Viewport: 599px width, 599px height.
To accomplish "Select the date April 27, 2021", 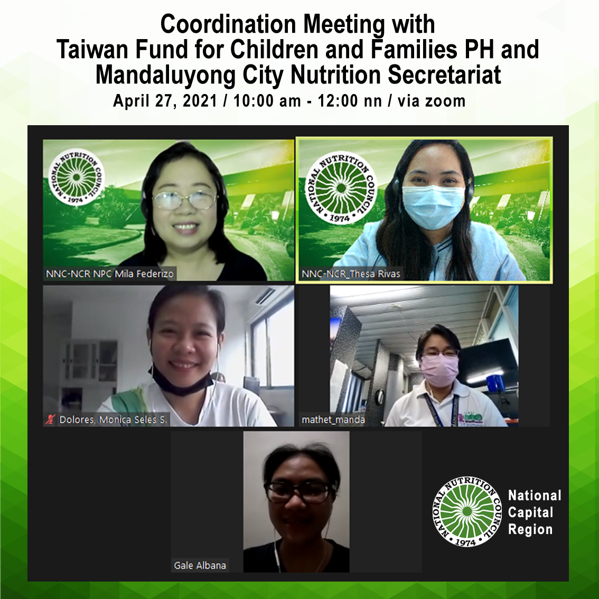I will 165,101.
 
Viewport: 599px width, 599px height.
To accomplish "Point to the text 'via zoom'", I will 432,101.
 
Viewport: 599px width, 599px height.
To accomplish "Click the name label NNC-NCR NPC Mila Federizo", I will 110,274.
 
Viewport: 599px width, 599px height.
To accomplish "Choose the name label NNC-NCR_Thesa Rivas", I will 351,274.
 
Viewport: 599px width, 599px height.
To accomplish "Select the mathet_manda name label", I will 333,420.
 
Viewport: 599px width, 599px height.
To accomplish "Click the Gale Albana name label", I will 200,565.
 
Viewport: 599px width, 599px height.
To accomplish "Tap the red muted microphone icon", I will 51,420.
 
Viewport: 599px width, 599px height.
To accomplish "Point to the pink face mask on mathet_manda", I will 439,370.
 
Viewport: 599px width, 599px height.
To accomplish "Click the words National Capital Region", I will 534,512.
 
